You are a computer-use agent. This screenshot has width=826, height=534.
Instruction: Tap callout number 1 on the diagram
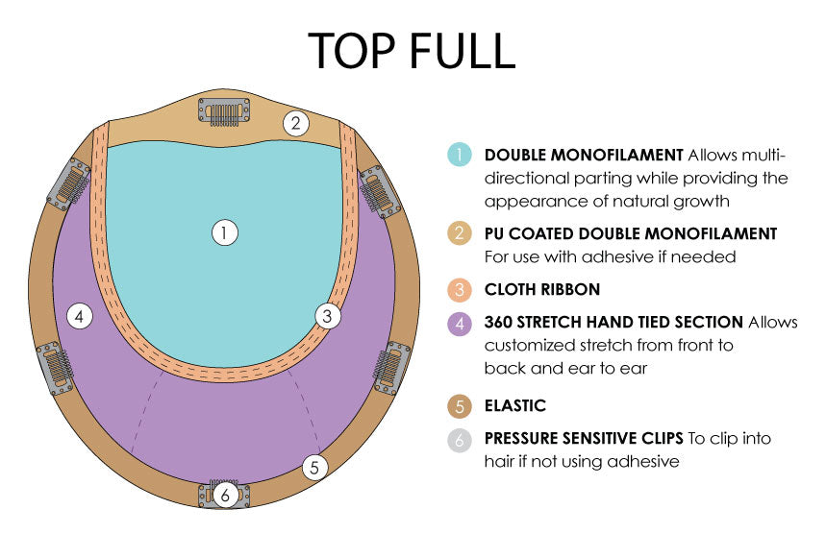pos(224,232)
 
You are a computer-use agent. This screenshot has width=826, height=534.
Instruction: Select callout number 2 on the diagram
pos(296,123)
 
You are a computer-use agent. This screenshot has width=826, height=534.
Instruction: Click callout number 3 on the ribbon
pos(328,315)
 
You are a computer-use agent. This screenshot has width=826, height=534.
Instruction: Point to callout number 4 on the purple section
pos(80,315)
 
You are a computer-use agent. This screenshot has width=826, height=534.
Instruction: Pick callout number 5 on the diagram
pos(313,468)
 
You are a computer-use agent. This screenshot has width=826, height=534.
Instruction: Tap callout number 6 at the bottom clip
pos(224,496)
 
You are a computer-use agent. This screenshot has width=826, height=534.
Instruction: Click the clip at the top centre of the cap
pos(223,111)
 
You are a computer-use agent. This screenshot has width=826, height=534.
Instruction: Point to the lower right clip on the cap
pos(392,366)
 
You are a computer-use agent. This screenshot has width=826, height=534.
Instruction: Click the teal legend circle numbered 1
pos(460,155)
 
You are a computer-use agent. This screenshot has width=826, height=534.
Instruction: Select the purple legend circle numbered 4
pos(460,323)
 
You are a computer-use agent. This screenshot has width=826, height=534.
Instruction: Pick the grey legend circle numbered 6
pos(460,439)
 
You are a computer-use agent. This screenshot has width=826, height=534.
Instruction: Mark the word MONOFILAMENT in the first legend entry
pos(615,155)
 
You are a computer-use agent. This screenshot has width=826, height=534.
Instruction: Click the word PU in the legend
pos(496,233)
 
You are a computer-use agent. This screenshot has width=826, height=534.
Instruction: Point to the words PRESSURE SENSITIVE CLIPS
pos(583,439)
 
